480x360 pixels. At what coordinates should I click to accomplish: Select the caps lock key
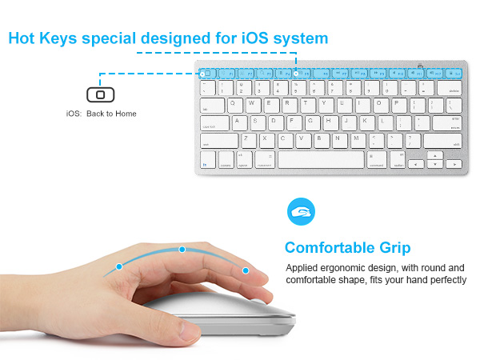[214, 122]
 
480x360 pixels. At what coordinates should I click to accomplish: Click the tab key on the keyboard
[210, 104]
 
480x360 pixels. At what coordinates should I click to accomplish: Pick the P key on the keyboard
[398, 104]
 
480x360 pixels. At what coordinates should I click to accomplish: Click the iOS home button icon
[99, 94]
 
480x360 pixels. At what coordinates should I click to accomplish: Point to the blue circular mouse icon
[301, 212]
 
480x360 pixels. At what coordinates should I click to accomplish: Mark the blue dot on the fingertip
[245, 270]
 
